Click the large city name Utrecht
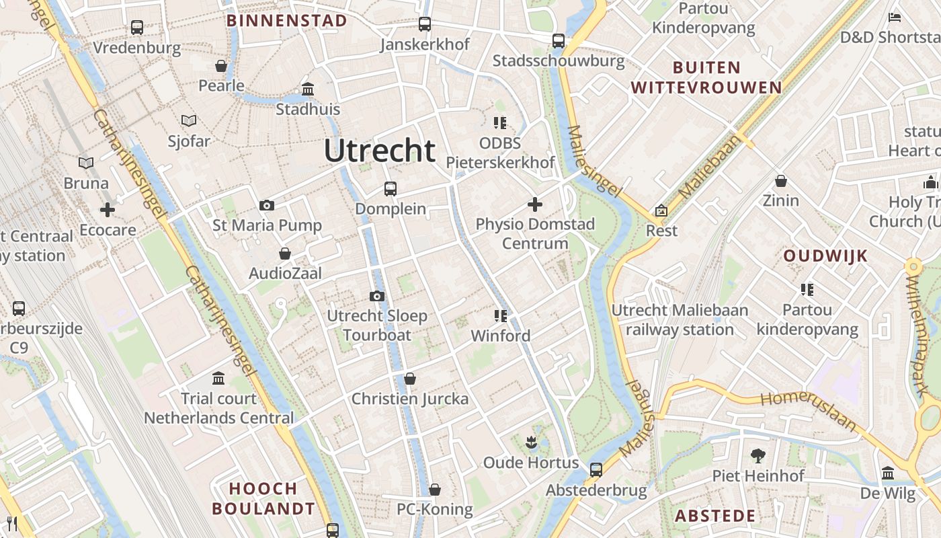(380, 150)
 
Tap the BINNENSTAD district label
(286, 20)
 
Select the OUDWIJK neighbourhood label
(825, 256)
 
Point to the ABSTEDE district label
(715, 516)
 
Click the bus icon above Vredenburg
(137, 28)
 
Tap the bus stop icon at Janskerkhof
(425, 24)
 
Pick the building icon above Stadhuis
(308, 89)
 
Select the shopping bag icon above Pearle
(221, 66)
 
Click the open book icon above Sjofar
(189, 121)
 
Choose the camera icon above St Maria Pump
(267, 205)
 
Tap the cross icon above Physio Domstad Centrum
(535, 204)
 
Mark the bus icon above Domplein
(391, 189)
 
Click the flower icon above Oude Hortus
(531, 443)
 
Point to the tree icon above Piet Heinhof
(758, 456)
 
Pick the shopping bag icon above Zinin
(781, 181)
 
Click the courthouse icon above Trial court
(218, 378)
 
